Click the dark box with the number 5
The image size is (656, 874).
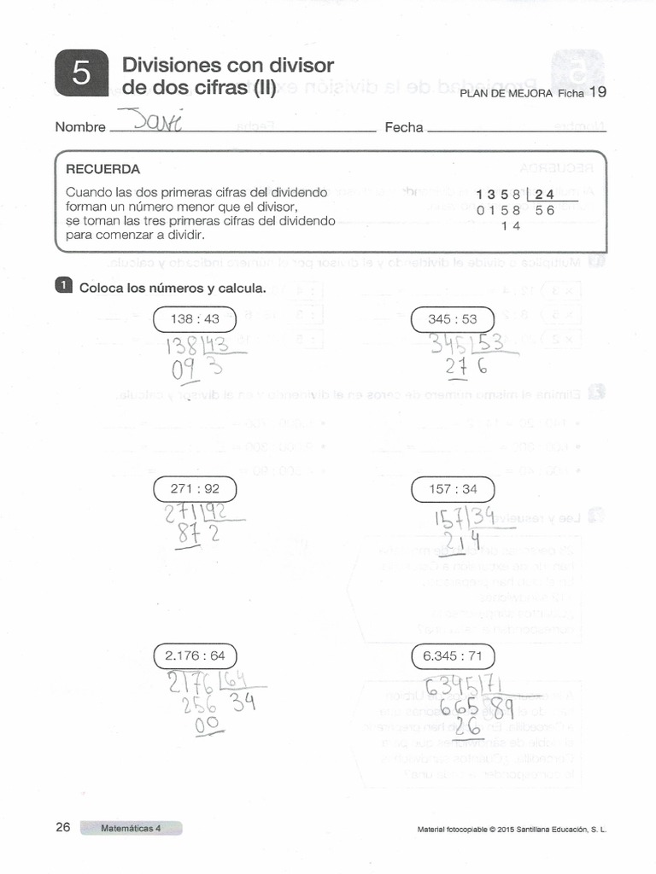[81, 75]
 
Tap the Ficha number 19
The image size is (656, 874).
[598, 92]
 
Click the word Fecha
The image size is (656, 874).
[404, 127]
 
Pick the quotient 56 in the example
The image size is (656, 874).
[544, 210]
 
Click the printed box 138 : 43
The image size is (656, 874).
[195, 319]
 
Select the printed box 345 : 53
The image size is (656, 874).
[452, 319]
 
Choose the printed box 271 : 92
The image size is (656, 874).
[195, 489]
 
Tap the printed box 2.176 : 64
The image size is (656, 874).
[195, 656]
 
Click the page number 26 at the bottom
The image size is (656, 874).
[63, 827]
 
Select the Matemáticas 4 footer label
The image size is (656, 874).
[131, 828]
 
